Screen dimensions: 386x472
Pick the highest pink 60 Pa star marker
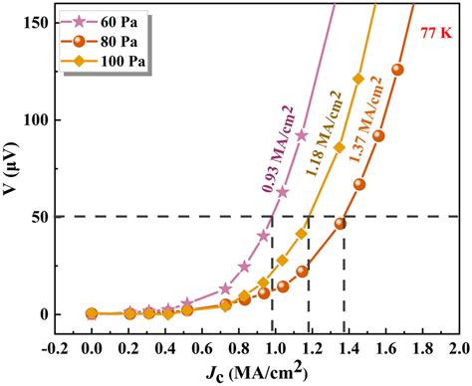point(302,135)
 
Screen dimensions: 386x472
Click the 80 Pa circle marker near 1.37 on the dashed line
point(341,224)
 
